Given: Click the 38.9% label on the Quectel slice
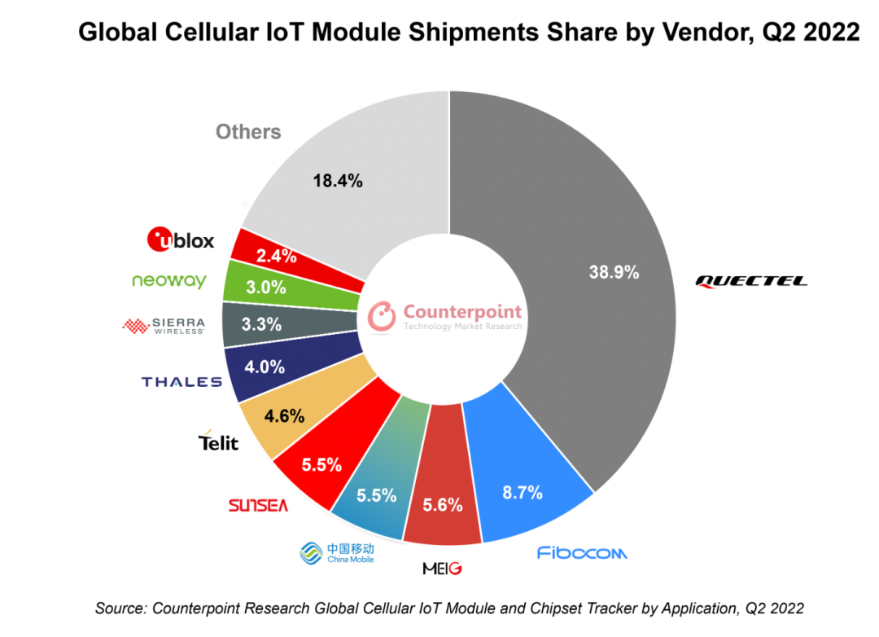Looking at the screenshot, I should tap(614, 272).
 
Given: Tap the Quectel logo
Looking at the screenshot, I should tap(751, 281).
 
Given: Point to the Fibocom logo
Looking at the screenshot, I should tap(582, 553).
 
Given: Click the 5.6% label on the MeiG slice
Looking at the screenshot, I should tap(444, 505).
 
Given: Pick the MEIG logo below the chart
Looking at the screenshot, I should tap(442, 568).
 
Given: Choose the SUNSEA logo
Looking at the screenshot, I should tap(258, 506).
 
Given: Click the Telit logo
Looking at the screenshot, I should tap(219, 442).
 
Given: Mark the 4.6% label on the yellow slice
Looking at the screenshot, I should tap(285, 416).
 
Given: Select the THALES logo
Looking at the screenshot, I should tap(181, 381).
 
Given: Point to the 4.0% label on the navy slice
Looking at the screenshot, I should tap(265, 367).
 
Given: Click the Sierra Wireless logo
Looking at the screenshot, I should tap(164, 326).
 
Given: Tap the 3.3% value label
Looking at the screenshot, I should tap(262, 324).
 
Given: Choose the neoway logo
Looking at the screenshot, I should tap(169, 281).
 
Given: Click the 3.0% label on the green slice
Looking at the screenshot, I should tap(266, 287).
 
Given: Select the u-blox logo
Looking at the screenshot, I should tap(181, 239).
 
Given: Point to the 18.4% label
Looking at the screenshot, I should tap(337, 181).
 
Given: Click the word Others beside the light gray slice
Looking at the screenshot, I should tap(248, 132).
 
